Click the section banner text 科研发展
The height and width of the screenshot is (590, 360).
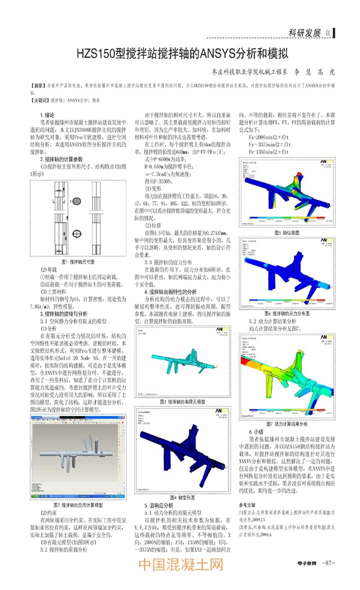click(305, 33)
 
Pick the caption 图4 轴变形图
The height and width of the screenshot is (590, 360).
click(182, 498)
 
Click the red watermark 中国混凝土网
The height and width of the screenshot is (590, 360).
click(181, 565)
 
